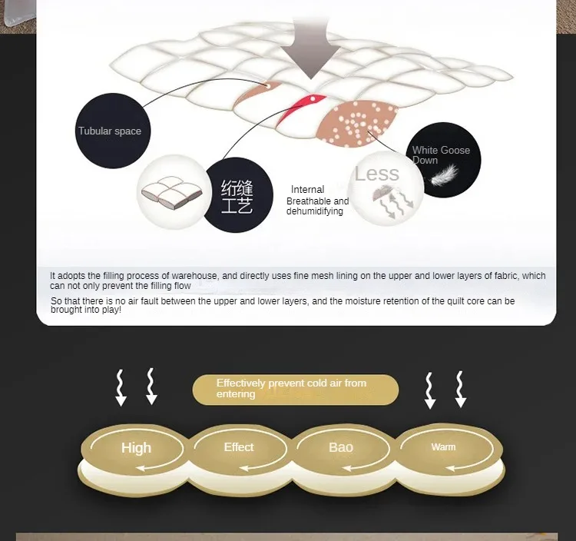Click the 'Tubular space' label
(x=110, y=131)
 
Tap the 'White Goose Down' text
(x=441, y=155)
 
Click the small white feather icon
(x=444, y=175)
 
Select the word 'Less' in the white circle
(x=376, y=174)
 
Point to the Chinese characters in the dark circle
(x=237, y=196)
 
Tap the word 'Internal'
(x=307, y=190)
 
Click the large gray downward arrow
(x=311, y=48)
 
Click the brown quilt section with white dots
(x=356, y=123)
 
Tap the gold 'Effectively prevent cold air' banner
(x=296, y=390)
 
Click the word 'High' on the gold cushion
(x=136, y=448)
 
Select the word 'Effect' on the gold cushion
(x=239, y=447)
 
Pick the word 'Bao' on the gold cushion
(x=341, y=447)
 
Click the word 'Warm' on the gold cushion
(x=443, y=447)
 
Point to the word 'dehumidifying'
(x=314, y=211)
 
